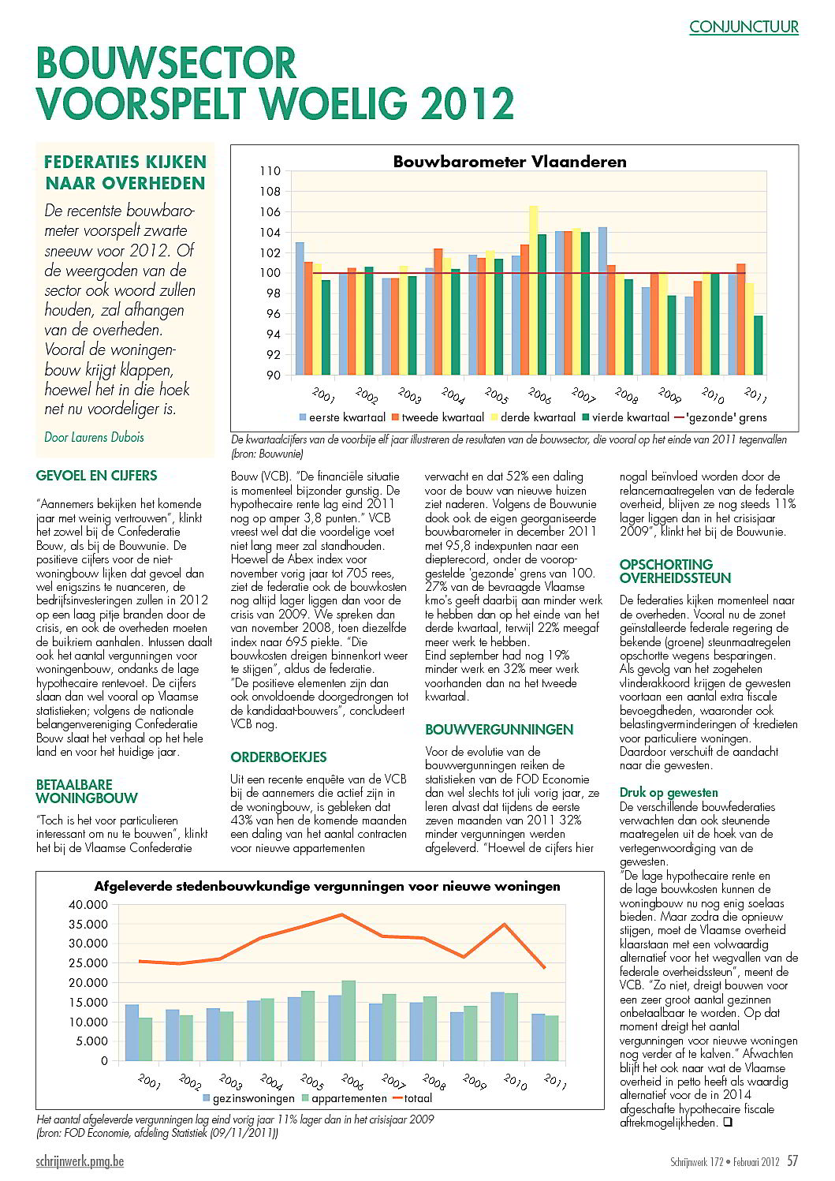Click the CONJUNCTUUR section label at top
pos(743,27)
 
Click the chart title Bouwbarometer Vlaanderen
pos(509,162)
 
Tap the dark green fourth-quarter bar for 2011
pos(758,346)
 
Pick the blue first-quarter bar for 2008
pos(602,301)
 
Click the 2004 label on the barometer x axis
pos(453,394)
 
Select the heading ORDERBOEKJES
pos(278,757)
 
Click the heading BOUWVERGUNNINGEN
pos(499,730)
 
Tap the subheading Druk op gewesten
pos(669,793)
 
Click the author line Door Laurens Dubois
pos(94,437)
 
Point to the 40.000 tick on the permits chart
pos(88,904)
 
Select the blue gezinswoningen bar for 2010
pos(498,1026)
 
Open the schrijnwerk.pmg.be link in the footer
pos(80,1161)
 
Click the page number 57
pos(792,1160)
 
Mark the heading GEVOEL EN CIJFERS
pos(96,476)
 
